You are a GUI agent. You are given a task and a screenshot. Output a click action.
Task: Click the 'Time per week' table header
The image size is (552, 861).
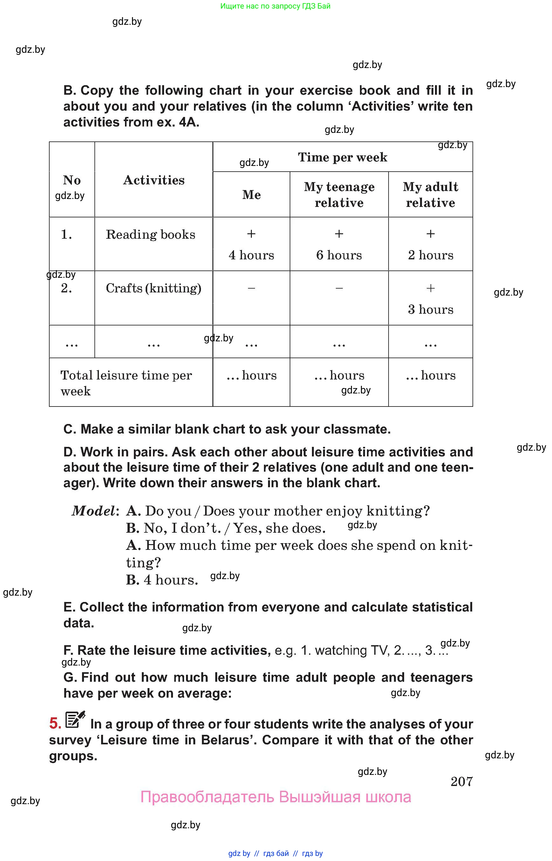[342, 157]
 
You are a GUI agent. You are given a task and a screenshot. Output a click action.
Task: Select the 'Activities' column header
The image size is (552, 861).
[154, 180]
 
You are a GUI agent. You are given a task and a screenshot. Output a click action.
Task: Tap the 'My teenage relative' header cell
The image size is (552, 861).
[339, 195]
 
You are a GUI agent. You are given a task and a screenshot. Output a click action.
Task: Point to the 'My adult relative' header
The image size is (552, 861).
[430, 195]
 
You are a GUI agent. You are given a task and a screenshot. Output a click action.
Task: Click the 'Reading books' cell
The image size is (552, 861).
[150, 234]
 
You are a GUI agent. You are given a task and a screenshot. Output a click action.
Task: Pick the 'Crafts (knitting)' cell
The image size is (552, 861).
[153, 288]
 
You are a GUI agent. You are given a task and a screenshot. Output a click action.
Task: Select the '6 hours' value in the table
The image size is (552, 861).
[339, 255]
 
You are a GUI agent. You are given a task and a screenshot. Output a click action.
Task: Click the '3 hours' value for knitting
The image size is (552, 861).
[430, 310]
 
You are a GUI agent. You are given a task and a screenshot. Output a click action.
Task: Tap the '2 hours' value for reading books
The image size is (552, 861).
[430, 255]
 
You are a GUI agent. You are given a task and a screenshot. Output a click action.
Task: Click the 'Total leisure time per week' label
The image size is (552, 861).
[126, 383]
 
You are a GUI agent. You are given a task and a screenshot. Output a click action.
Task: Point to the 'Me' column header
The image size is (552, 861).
[251, 195]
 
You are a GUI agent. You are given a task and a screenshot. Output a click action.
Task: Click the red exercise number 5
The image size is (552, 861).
[55, 723]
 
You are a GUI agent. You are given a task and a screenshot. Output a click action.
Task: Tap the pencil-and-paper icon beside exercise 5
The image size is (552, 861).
[75, 719]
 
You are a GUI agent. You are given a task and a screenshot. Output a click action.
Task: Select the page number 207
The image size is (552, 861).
[461, 782]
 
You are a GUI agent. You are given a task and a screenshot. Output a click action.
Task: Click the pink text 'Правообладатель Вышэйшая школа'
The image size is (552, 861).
[275, 797]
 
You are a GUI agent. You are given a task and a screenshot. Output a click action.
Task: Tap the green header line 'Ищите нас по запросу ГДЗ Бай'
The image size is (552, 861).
[275, 6]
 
